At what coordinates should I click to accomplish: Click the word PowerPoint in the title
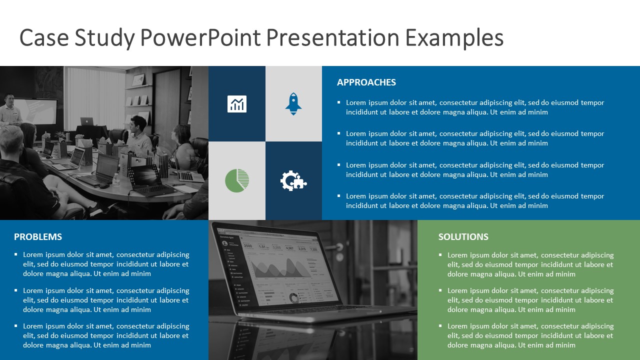point(200,37)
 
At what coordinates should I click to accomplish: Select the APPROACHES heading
point(366,82)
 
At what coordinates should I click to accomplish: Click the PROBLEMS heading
point(38,237)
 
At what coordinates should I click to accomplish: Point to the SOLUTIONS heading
point(463,237)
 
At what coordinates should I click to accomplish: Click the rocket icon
point(293,103)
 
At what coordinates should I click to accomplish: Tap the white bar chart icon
point(237,103)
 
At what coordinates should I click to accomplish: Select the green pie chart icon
point(237,180)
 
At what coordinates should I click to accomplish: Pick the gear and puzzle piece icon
point(293,180)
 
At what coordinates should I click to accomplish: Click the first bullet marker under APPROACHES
point(339,102)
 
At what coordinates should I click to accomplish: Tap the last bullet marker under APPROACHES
point(339,195)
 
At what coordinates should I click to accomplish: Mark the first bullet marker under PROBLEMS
point(16,254)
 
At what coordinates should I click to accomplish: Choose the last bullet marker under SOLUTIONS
point(440,325)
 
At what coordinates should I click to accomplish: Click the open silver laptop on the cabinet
point(87,121)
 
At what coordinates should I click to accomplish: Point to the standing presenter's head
point(9,99)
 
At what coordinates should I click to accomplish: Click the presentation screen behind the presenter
point(35,111)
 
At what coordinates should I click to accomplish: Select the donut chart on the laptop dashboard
point(293,298)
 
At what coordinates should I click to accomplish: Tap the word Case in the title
point(44,37)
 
